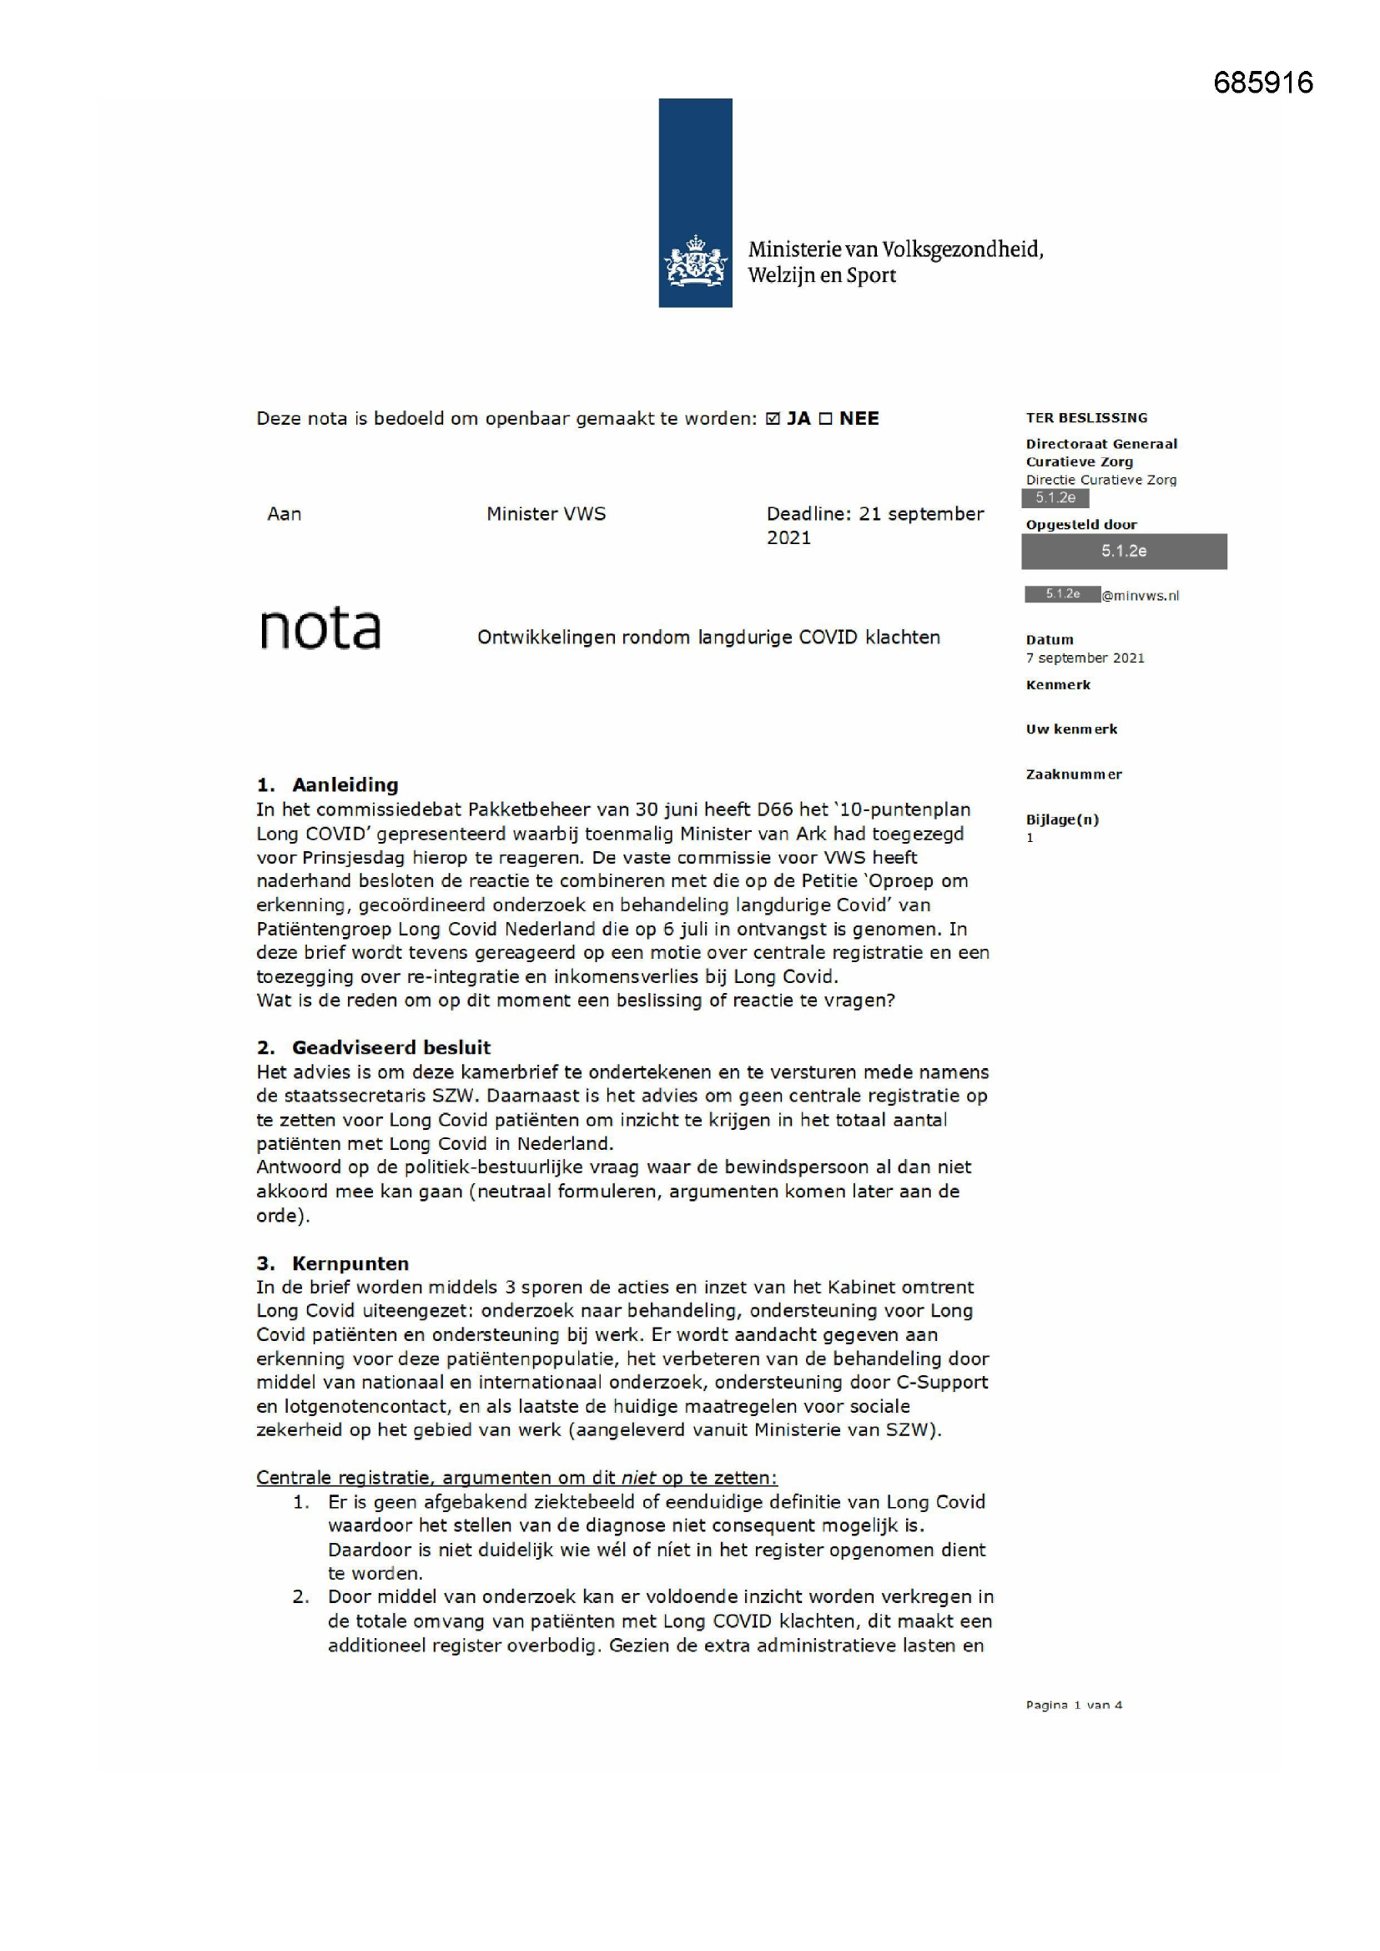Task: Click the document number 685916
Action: pos(1262,83)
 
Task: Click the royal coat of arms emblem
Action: pos(695,262)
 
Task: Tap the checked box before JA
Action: pos(773,419)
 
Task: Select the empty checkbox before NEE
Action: pos(825,419)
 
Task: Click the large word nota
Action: pos(320,629)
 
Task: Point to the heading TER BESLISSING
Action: pos(1086,418)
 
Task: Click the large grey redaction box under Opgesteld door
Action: pos(1123,552)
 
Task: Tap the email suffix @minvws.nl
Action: pos(1141,596)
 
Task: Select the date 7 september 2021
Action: pos(1085,658)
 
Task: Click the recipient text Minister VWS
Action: pos(546,514)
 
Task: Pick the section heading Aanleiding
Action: pos(345,785)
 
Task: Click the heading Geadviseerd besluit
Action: pos(390,1048)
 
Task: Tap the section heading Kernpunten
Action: pos(350,1263)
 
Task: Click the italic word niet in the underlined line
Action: pos(638,1478)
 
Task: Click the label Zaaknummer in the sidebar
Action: pos(1073,775)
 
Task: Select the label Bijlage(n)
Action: pos(1062,820)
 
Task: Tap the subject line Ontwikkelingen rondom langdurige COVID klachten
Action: pos(708,638)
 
